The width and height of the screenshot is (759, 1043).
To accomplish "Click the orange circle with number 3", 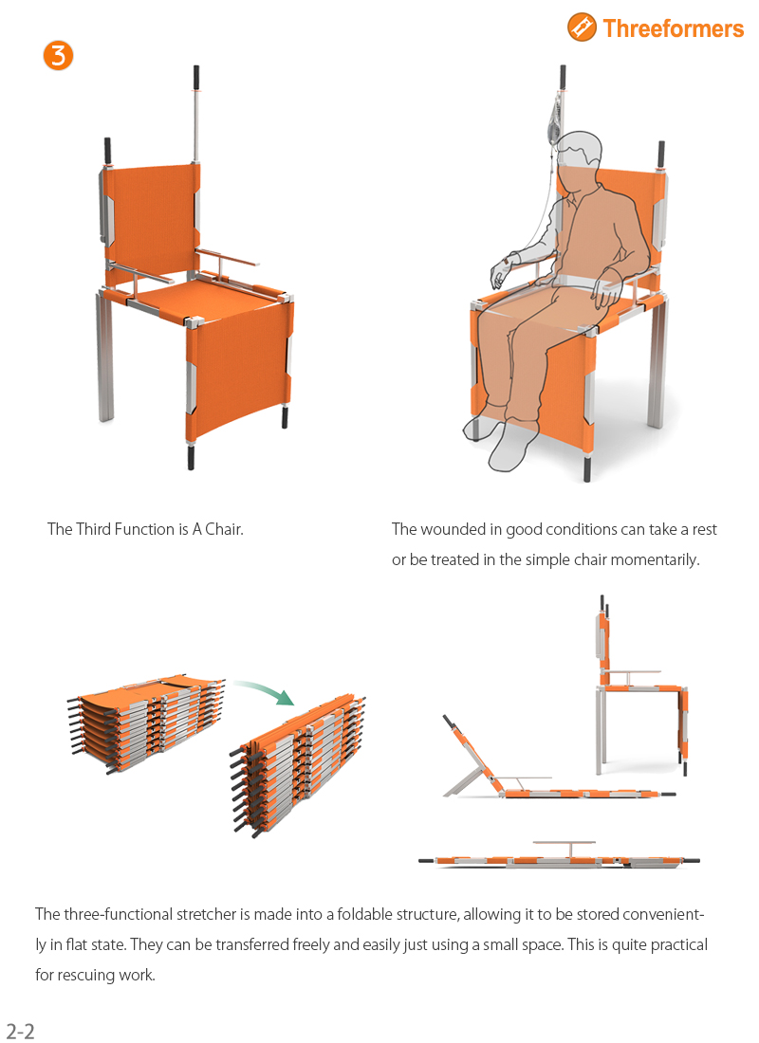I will [x=58, y=55].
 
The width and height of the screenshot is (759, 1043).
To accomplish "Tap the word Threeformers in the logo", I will [x=673, y=28].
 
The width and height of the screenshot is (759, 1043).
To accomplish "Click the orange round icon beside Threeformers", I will [x=582, y=27].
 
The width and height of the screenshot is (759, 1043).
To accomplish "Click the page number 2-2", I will [x=20, y=1031].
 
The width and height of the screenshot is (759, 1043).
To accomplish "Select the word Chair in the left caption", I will [x=224, y=529].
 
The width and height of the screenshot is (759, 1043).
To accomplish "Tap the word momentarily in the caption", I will [x=654, y=559].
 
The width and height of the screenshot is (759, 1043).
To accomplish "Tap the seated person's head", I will [x=578, y=154].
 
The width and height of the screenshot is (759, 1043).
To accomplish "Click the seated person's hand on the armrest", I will [x=502, y=274].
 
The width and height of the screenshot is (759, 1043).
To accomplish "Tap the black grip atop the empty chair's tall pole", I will [x=196, y=75].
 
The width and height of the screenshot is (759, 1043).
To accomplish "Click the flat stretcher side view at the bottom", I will [x=560, y=860].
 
